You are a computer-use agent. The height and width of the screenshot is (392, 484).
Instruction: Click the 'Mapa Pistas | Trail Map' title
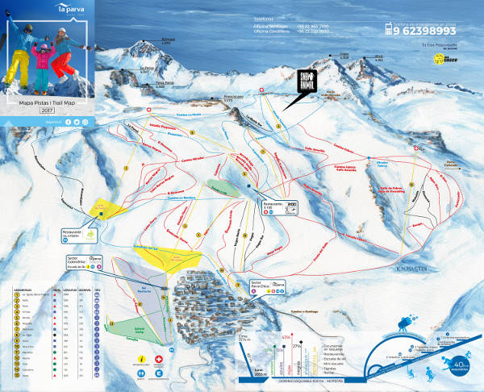pos(48,103)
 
